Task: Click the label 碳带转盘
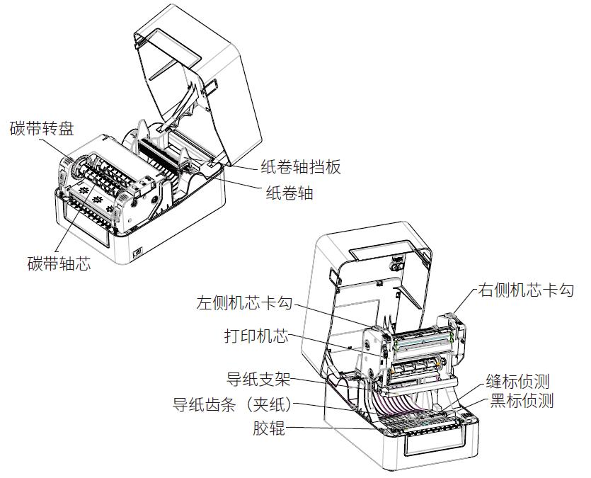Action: [41, 128]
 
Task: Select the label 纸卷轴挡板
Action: [301, 167]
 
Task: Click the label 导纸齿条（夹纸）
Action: [233, 404]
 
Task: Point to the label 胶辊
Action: [269, 428]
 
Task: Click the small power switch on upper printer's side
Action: [137, 251]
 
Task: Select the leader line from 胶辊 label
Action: [333, 427]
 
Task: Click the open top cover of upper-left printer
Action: [191, 64]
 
